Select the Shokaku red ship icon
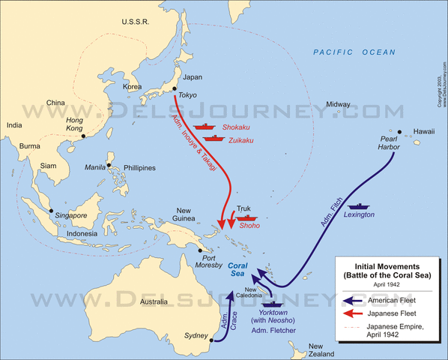coord(204,127)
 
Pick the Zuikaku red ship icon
coord(216,138)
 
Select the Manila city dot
coord(109,165)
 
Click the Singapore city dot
coord(51,211)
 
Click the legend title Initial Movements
coord(387,265)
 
